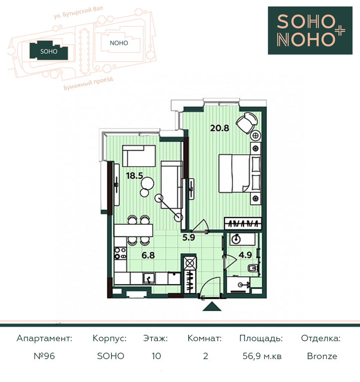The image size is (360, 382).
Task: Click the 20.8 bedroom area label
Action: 220,128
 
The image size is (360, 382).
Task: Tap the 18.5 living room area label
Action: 134,176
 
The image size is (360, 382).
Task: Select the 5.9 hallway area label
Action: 189,238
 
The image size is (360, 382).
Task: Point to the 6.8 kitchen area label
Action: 148,255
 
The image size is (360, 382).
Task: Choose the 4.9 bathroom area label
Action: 245,255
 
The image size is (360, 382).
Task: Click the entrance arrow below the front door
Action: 212,306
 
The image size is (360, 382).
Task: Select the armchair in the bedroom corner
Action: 246,123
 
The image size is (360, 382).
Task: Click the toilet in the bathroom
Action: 252,269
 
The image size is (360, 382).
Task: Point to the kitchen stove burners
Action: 120,253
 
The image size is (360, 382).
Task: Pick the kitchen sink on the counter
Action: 149,278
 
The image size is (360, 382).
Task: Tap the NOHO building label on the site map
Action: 119,43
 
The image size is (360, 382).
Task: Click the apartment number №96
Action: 44,356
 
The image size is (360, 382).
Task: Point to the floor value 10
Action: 156,356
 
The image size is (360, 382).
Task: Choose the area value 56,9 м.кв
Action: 262,356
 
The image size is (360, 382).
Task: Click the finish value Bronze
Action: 322,356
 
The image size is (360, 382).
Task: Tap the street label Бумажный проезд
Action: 88,84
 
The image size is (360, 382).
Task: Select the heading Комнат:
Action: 204,338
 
